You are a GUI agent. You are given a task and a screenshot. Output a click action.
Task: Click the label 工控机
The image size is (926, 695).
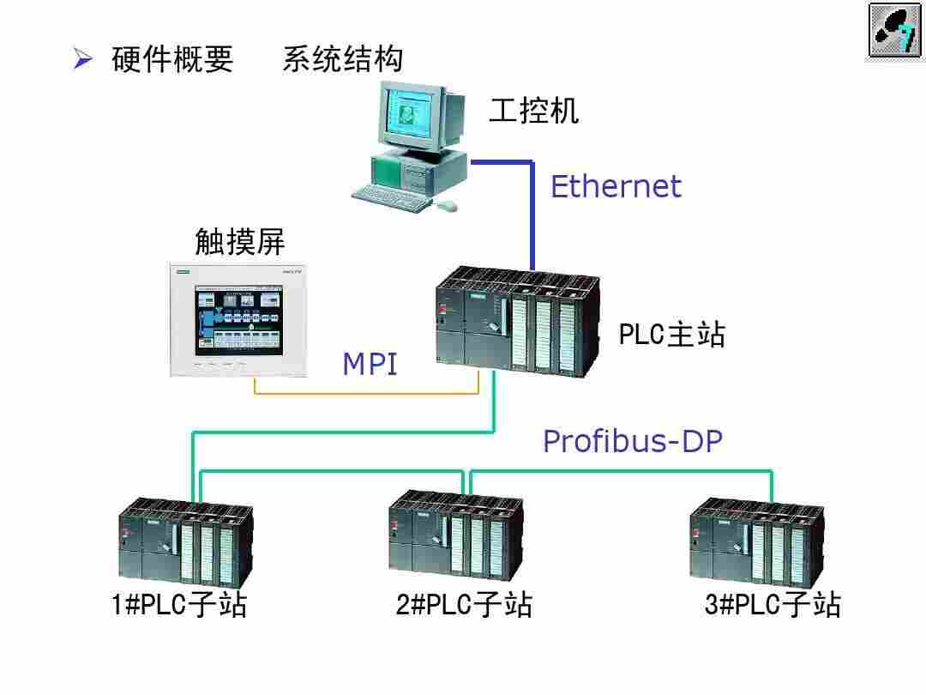[x=533, y=110]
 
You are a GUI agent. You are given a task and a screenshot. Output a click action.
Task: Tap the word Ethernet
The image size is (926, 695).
[x=616, y=186]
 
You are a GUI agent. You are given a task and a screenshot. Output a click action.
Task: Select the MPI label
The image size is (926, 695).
[x=370, y=364]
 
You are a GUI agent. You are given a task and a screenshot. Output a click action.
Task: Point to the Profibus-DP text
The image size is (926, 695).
[x=633, y=441]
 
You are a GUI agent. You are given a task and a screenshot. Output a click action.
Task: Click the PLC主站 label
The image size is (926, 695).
[x=671, y=335]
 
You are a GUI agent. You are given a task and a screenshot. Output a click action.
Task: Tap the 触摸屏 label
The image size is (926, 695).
[x=239, y=243]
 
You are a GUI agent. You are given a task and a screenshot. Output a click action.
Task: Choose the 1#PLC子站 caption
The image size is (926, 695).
[x=179, y=605]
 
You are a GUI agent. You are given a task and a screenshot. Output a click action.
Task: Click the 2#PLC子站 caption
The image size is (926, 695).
[x=464, y=605]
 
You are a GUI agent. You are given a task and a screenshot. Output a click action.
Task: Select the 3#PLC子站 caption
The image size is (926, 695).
[x=773, y=605]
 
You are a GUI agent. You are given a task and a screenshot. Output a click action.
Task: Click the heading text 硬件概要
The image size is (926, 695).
[x=172, y=59]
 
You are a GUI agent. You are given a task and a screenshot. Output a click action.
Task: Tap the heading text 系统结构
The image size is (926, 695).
[x=342, y=59]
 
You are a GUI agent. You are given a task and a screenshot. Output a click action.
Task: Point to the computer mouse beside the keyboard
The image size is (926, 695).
[x=447, y=205]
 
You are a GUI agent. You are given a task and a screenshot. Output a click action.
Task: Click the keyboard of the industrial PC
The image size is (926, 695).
[x=390, y=196]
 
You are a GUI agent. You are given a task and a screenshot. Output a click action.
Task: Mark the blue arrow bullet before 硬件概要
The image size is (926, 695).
[x=82, y=59]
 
